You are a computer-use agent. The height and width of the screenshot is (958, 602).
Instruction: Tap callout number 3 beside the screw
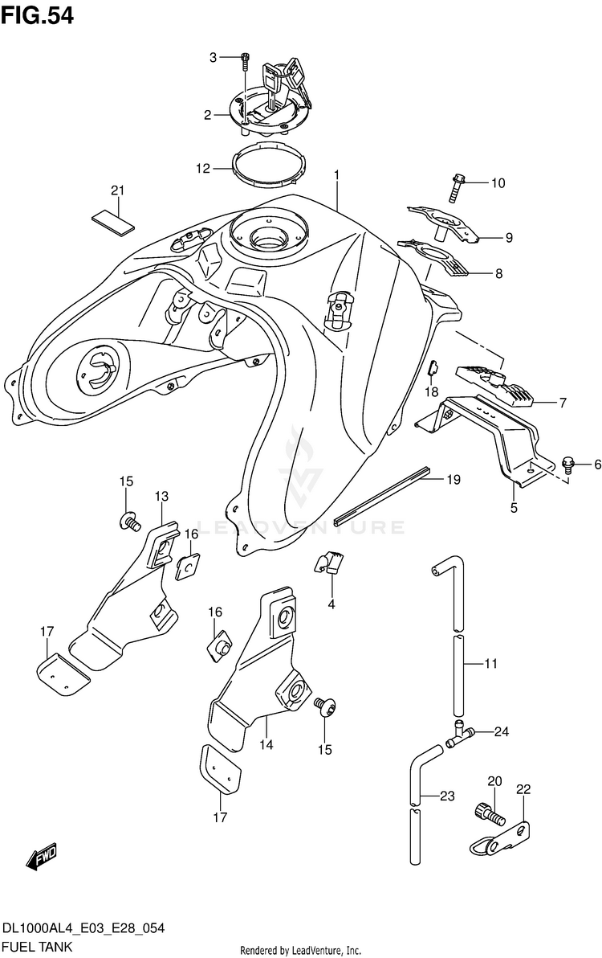tap(214, 56)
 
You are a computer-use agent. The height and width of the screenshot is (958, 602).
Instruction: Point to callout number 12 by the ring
tap(202, 169)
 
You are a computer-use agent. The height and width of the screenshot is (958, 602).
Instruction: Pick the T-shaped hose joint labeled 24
tap(460, 734)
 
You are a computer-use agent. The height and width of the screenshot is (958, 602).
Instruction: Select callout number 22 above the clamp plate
tap(523, 791)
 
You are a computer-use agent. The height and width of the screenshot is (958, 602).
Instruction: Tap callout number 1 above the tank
tap(338, 174)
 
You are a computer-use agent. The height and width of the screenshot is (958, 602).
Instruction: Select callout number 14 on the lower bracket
tap(266, 745)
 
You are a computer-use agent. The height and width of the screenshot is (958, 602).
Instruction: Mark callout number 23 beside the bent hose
tap(446, 796)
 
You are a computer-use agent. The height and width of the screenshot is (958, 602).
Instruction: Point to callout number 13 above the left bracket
tap(162, 496)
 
